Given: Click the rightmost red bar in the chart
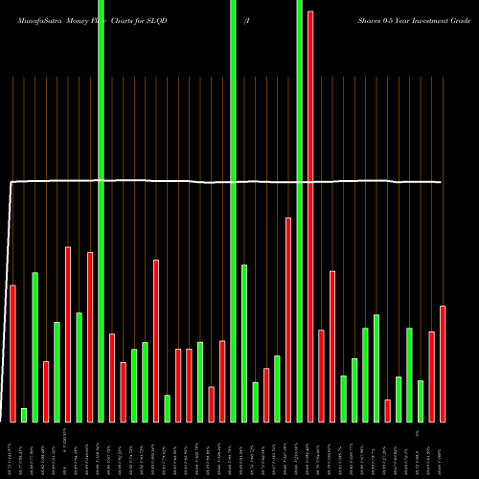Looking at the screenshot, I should click(x=443, y=364).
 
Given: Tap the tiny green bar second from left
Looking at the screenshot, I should click(x=24, y=415).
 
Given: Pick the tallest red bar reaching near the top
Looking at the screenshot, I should click(x=310, y=216).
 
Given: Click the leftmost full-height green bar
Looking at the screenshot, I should click(x=101, y=211).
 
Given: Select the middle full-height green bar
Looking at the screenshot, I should click(x=233, y=211).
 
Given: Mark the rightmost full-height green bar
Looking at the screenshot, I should click(x=299, y=211).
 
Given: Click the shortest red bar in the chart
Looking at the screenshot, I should click(x=387, y=410).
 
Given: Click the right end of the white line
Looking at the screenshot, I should click(x=441, y=182).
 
